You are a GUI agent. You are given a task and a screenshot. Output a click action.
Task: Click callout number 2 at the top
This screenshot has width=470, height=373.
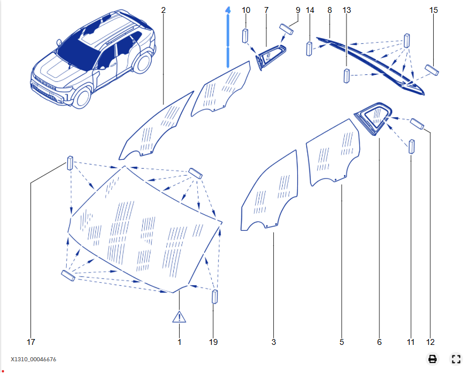click(163, 11)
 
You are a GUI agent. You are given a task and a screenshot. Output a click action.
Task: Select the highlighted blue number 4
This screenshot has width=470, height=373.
click(228, 11)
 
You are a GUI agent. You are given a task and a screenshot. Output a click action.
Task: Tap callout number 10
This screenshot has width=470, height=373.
click(246, 11)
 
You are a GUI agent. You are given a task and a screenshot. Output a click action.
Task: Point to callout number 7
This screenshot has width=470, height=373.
click(266, 11)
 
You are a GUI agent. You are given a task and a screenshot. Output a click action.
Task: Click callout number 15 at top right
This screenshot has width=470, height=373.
click(434, 11)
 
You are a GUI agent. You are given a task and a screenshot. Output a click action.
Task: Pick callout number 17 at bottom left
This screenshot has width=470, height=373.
click(31, 342)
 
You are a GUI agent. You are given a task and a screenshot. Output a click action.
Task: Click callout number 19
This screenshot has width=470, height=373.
click(214, 342)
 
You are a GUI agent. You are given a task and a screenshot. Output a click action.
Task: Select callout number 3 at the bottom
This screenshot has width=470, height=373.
click(273, 342)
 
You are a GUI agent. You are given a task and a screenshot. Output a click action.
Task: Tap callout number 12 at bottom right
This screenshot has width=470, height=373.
click(431, 342)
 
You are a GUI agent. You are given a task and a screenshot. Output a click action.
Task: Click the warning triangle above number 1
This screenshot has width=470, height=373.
click(179, 317)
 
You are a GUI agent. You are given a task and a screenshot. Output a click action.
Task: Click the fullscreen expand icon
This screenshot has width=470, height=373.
click(456, 359)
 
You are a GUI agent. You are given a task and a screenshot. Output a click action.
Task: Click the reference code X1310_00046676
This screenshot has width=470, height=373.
click(33, 359)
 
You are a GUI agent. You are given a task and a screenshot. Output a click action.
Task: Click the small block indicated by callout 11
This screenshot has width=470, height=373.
click(411, 146)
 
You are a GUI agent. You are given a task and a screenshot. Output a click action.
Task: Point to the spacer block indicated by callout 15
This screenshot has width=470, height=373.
click(433, 70)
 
